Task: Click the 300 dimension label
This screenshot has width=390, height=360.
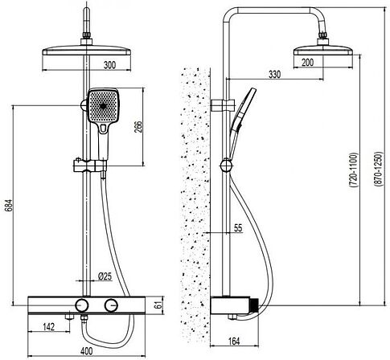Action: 109,65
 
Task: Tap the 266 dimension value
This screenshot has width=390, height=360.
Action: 138,127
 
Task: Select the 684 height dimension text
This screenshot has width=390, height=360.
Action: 8,206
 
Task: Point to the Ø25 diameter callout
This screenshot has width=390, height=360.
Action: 105,276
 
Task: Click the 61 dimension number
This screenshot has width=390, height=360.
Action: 159,305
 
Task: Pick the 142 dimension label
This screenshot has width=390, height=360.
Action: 49,327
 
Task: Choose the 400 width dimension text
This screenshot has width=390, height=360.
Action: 86,350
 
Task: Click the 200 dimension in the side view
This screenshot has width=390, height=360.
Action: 307,63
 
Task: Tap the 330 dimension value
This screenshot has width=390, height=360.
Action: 275,74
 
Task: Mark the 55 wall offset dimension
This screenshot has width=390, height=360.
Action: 238,228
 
